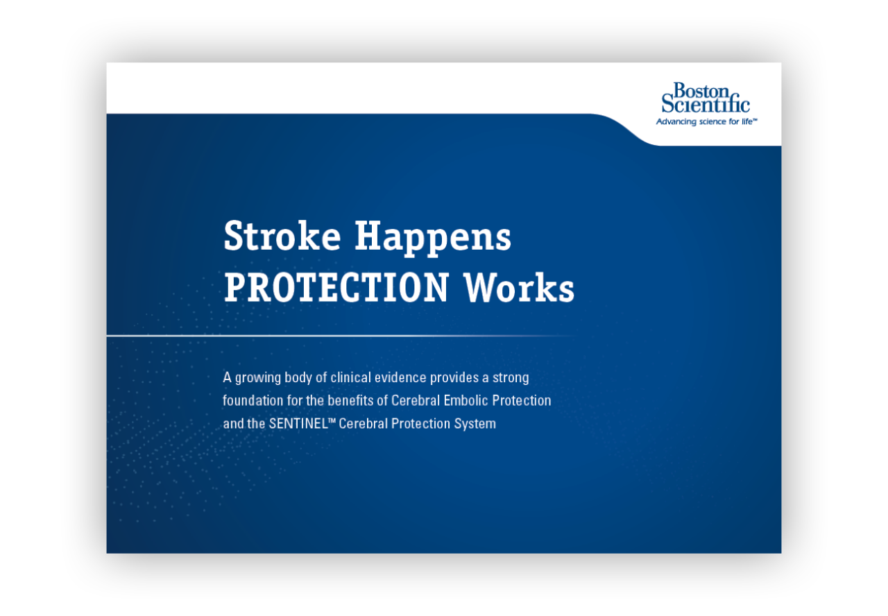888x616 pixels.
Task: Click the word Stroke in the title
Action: (x=282, y=237)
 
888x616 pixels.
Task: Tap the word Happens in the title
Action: (x=433, y=238)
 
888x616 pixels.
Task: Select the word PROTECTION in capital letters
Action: (x=336, y=287)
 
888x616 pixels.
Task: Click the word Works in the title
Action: (x=519, y=287)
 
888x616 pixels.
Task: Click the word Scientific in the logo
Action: (x=706, y=105)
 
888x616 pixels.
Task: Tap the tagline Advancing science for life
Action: (x=706, y=122)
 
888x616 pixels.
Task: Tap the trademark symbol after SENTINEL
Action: (x=332, y=420)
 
